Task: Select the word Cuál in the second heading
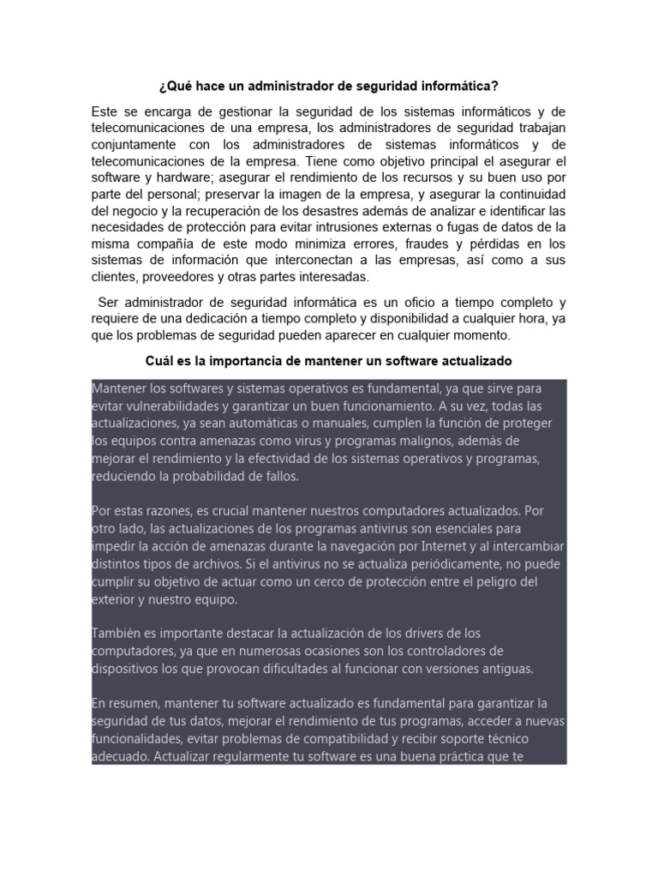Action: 160,361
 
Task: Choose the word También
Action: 115,634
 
